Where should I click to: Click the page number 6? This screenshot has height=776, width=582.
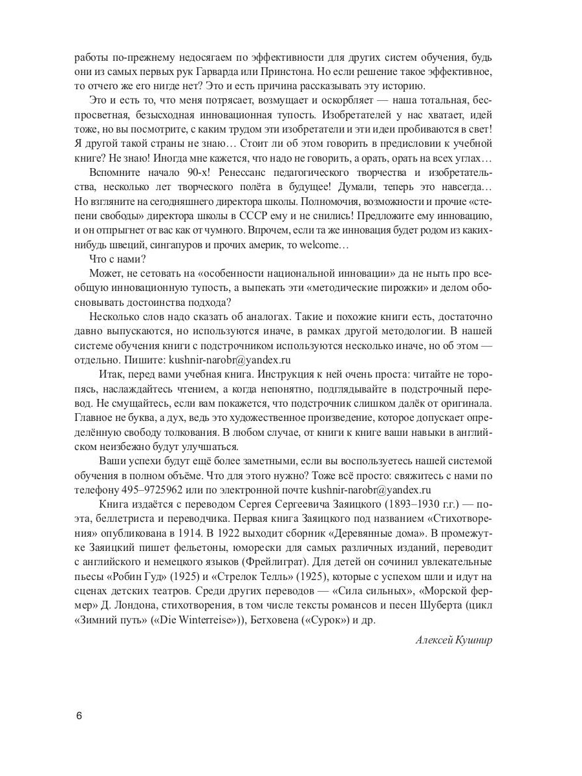(79, 715)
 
